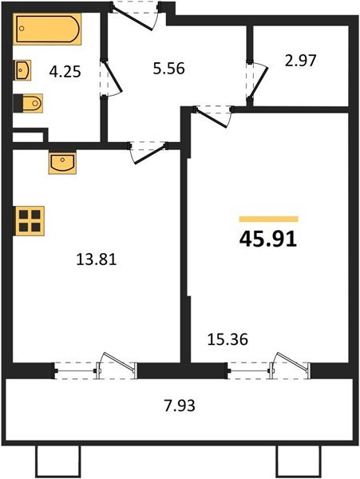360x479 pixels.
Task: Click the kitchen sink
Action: (x=61, y=162)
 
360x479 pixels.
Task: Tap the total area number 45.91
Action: (x=268, y=239)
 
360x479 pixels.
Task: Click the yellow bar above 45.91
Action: (x=269, y=219)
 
